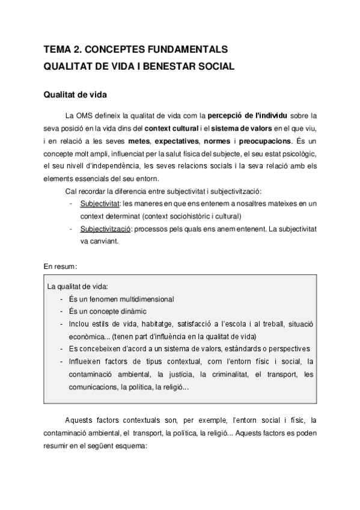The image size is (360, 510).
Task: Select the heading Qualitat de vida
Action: (x=76, y=95)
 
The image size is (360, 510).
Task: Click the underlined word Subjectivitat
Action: (x=100, y=204)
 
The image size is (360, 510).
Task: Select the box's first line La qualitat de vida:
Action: (x=78, y=286)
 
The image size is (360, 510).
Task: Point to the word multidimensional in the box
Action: (x=142, y=298)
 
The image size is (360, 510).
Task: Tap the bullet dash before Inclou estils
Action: (x=63, y=324)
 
